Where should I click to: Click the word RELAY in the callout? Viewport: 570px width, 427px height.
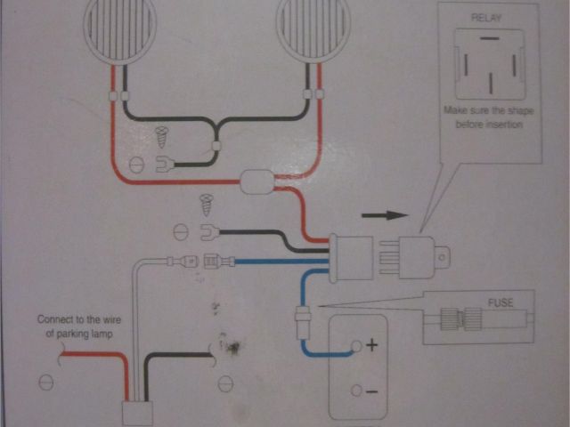tap(486, 17)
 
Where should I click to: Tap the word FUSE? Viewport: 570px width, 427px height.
tap(501, 302)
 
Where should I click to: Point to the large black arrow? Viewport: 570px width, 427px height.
tap(384, 215)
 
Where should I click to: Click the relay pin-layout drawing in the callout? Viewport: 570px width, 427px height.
tap(486, 62)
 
